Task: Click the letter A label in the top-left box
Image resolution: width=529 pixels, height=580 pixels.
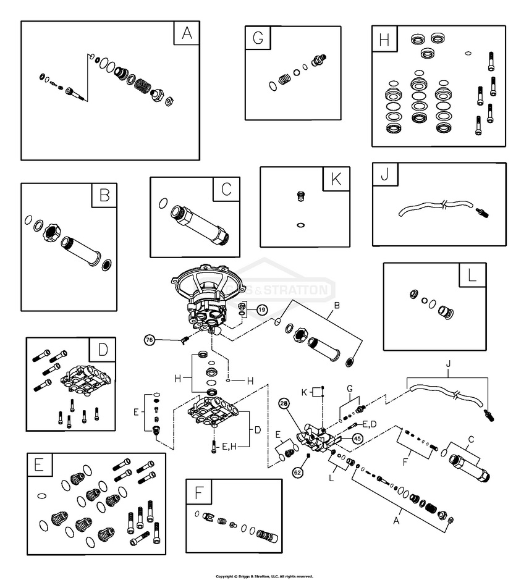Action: [186, 34]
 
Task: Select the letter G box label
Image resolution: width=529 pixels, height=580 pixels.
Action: [258, 38]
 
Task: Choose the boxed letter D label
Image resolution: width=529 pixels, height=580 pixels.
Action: [103, 351]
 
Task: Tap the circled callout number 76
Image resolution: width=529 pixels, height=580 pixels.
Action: [149, 340]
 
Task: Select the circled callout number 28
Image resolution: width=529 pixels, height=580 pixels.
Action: [284, 403]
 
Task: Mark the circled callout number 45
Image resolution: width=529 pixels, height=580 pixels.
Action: [357, 438]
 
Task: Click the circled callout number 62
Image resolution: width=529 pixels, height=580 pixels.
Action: [298, 473]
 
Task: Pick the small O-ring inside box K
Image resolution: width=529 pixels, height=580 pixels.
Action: [301, 224]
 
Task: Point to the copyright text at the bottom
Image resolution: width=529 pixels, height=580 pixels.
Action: [264, 576]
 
